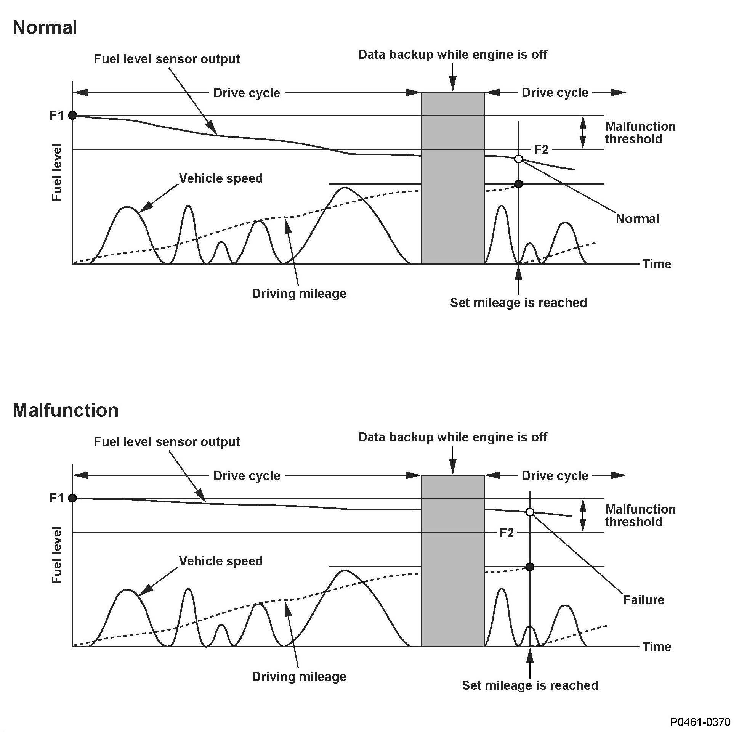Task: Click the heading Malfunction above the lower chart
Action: [66, 411]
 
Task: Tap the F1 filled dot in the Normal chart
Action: [72, 115]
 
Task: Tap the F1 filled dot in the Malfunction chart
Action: [72, 498]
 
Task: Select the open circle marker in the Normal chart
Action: [518, 159]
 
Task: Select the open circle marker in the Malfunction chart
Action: [530, 512]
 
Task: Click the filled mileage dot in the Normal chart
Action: [518, 184]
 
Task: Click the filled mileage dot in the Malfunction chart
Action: [530, 567]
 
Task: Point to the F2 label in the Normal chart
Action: [541, 150]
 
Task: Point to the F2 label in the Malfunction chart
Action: [507, 533]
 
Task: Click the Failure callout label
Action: [644, 600]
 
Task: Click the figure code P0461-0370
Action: [701, 722]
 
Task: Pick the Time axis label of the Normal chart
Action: [657, 264]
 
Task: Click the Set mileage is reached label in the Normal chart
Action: [518, 303]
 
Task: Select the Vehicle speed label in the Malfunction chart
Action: [221, 561]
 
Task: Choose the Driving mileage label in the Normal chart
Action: [299, 294]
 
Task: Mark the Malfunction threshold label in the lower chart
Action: [640, 515]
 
